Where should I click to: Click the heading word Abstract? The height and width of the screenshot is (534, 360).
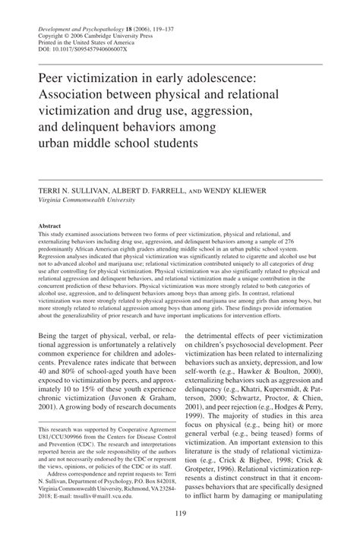(x=50, y=226)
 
